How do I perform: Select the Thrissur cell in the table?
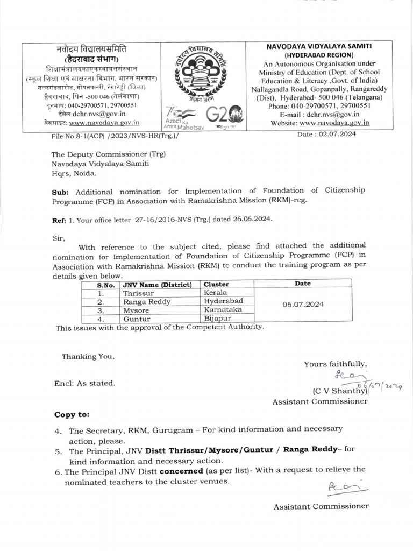pyautogui.click(x=139, y=293)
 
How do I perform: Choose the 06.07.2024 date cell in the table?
pyautogui.click(x=303, y=305)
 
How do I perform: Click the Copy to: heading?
pyautogui.click(x=73, y=415)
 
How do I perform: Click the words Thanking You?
pyautogui.click(x=88, y=356)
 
